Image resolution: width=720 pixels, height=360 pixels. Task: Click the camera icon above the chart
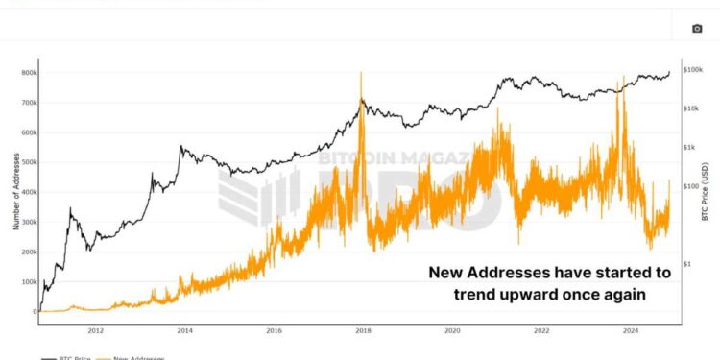point(697,29)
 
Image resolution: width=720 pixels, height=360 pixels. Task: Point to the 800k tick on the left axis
point(24,73)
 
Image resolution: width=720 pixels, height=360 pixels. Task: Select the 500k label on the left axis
point(24,162)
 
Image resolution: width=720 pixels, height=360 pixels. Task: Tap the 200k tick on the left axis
point(24,252)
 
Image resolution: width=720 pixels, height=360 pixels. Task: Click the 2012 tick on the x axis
point(96,331)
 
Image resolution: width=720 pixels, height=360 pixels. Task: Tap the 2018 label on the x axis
point(363,331)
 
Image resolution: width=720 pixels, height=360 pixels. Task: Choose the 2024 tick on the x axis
point(631,331)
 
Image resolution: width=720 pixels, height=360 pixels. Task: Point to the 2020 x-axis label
point(452,331)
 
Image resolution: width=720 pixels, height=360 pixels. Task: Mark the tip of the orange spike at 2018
point(361,72)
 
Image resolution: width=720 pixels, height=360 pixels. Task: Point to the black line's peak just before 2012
point(70,208)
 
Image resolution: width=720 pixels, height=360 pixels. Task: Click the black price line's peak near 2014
point(180,147)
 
